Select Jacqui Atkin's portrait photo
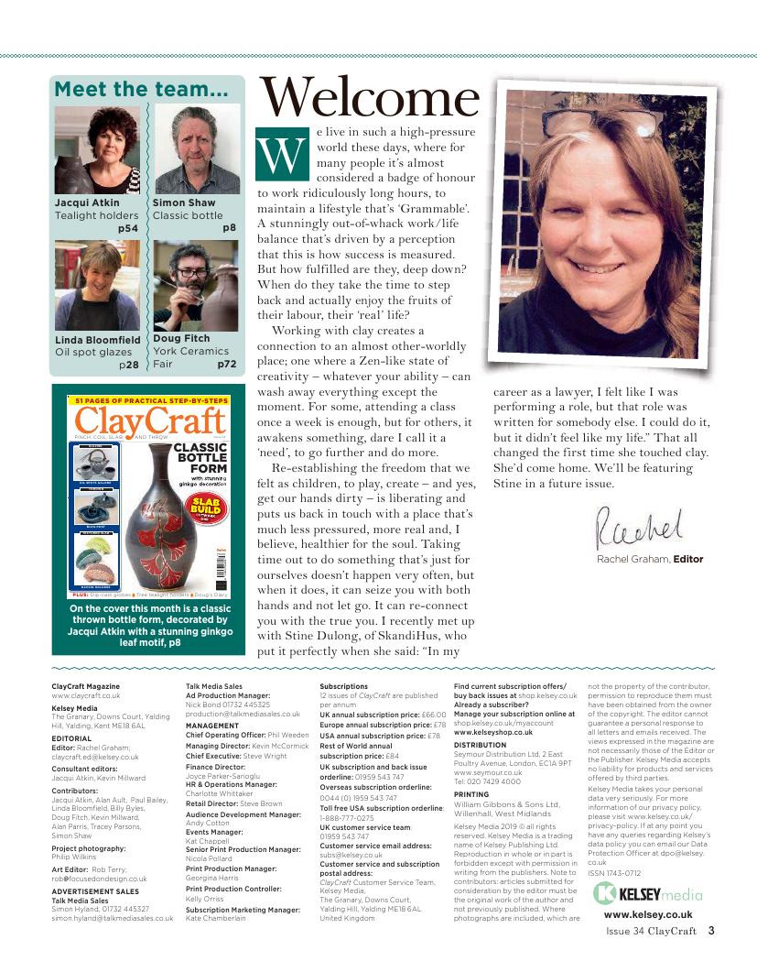pyautogui.click(x=98, y=149)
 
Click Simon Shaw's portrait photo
pyautogui.click(x=192, y=149)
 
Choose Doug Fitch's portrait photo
pyautogui.click(x=192, y=286)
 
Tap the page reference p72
pyautogui.click(x=227, y=364)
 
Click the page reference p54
pyautogui.click(x=128, y=228)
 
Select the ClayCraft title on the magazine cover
pyautogui.click(x=149, y=421)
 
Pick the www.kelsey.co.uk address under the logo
pyautogui.click(x=647, y=914)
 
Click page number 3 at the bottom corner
pyautogui.click(x=710, y=934)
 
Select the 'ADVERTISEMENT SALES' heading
pyautogui.click(x=95, y=890)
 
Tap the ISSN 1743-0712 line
pyautogui.click(x=615, y=871)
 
